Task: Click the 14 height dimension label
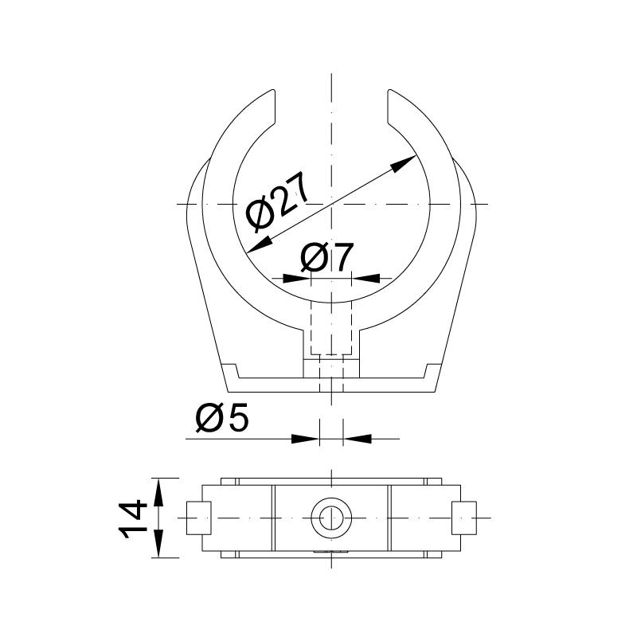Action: (x=132, y=518)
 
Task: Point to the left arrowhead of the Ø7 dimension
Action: (x=296, y=278)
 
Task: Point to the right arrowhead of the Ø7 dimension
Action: (x=365, y=278)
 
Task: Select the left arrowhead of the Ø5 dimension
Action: (x=305, y=438)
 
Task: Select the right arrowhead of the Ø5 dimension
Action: (x=356, y=438)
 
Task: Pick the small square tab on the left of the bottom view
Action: (x=198, y=518)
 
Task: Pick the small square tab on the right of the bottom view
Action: (x=463, y=518)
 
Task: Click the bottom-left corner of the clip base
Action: (x=228, y=392)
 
